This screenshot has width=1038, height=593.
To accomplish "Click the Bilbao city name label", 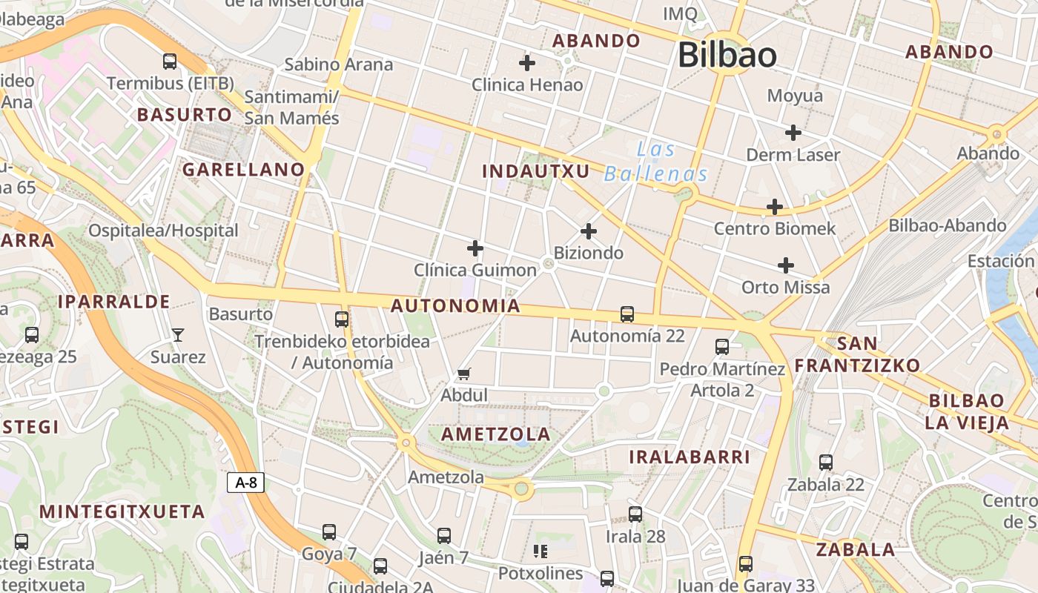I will [x=727, y=56].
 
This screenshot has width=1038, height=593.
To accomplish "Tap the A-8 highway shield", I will [x=245, y=483].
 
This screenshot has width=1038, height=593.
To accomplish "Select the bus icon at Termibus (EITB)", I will [x=170, y=61].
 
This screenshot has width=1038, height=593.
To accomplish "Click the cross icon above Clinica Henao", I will [x=527, y=63].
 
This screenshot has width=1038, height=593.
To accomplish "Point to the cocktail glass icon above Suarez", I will [x=178, y=335].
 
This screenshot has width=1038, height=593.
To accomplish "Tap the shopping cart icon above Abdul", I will [x=464, y=374].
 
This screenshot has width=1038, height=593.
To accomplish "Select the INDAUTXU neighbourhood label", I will [x=536, y=172].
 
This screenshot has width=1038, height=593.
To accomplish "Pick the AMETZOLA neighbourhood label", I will [x=496, y=434].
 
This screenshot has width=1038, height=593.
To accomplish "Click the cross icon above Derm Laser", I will [x=793, y=133].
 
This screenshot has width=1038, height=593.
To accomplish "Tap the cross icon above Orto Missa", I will [x=786, y=265].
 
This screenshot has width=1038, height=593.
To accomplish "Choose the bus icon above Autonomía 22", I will [x=627, y=314].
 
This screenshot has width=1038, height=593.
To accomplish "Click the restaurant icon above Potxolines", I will [x=541, y=551].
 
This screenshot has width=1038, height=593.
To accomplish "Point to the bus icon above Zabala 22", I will [x=826, y=463].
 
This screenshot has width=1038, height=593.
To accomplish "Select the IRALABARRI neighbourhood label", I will [x=690, y=457].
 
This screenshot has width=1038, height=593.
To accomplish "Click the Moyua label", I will [x=795, y=96].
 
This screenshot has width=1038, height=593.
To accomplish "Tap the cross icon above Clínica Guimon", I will [x=475, y=248].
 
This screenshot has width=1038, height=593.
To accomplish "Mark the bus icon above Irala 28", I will [x=635, y=514].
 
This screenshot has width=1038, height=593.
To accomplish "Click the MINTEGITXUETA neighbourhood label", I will [x=122, y=511].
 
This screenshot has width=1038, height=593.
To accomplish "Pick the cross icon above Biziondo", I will [x=589, y=231].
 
